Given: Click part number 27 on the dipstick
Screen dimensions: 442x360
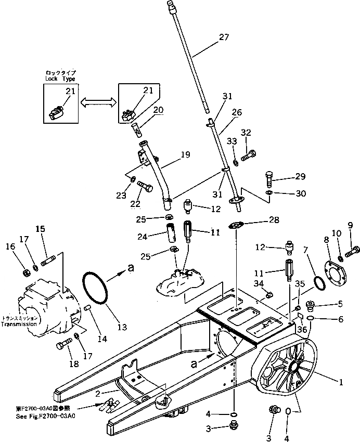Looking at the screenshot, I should click(x=224, y=37).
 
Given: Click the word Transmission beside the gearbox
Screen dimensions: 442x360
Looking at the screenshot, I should click(x=19, y=324).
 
